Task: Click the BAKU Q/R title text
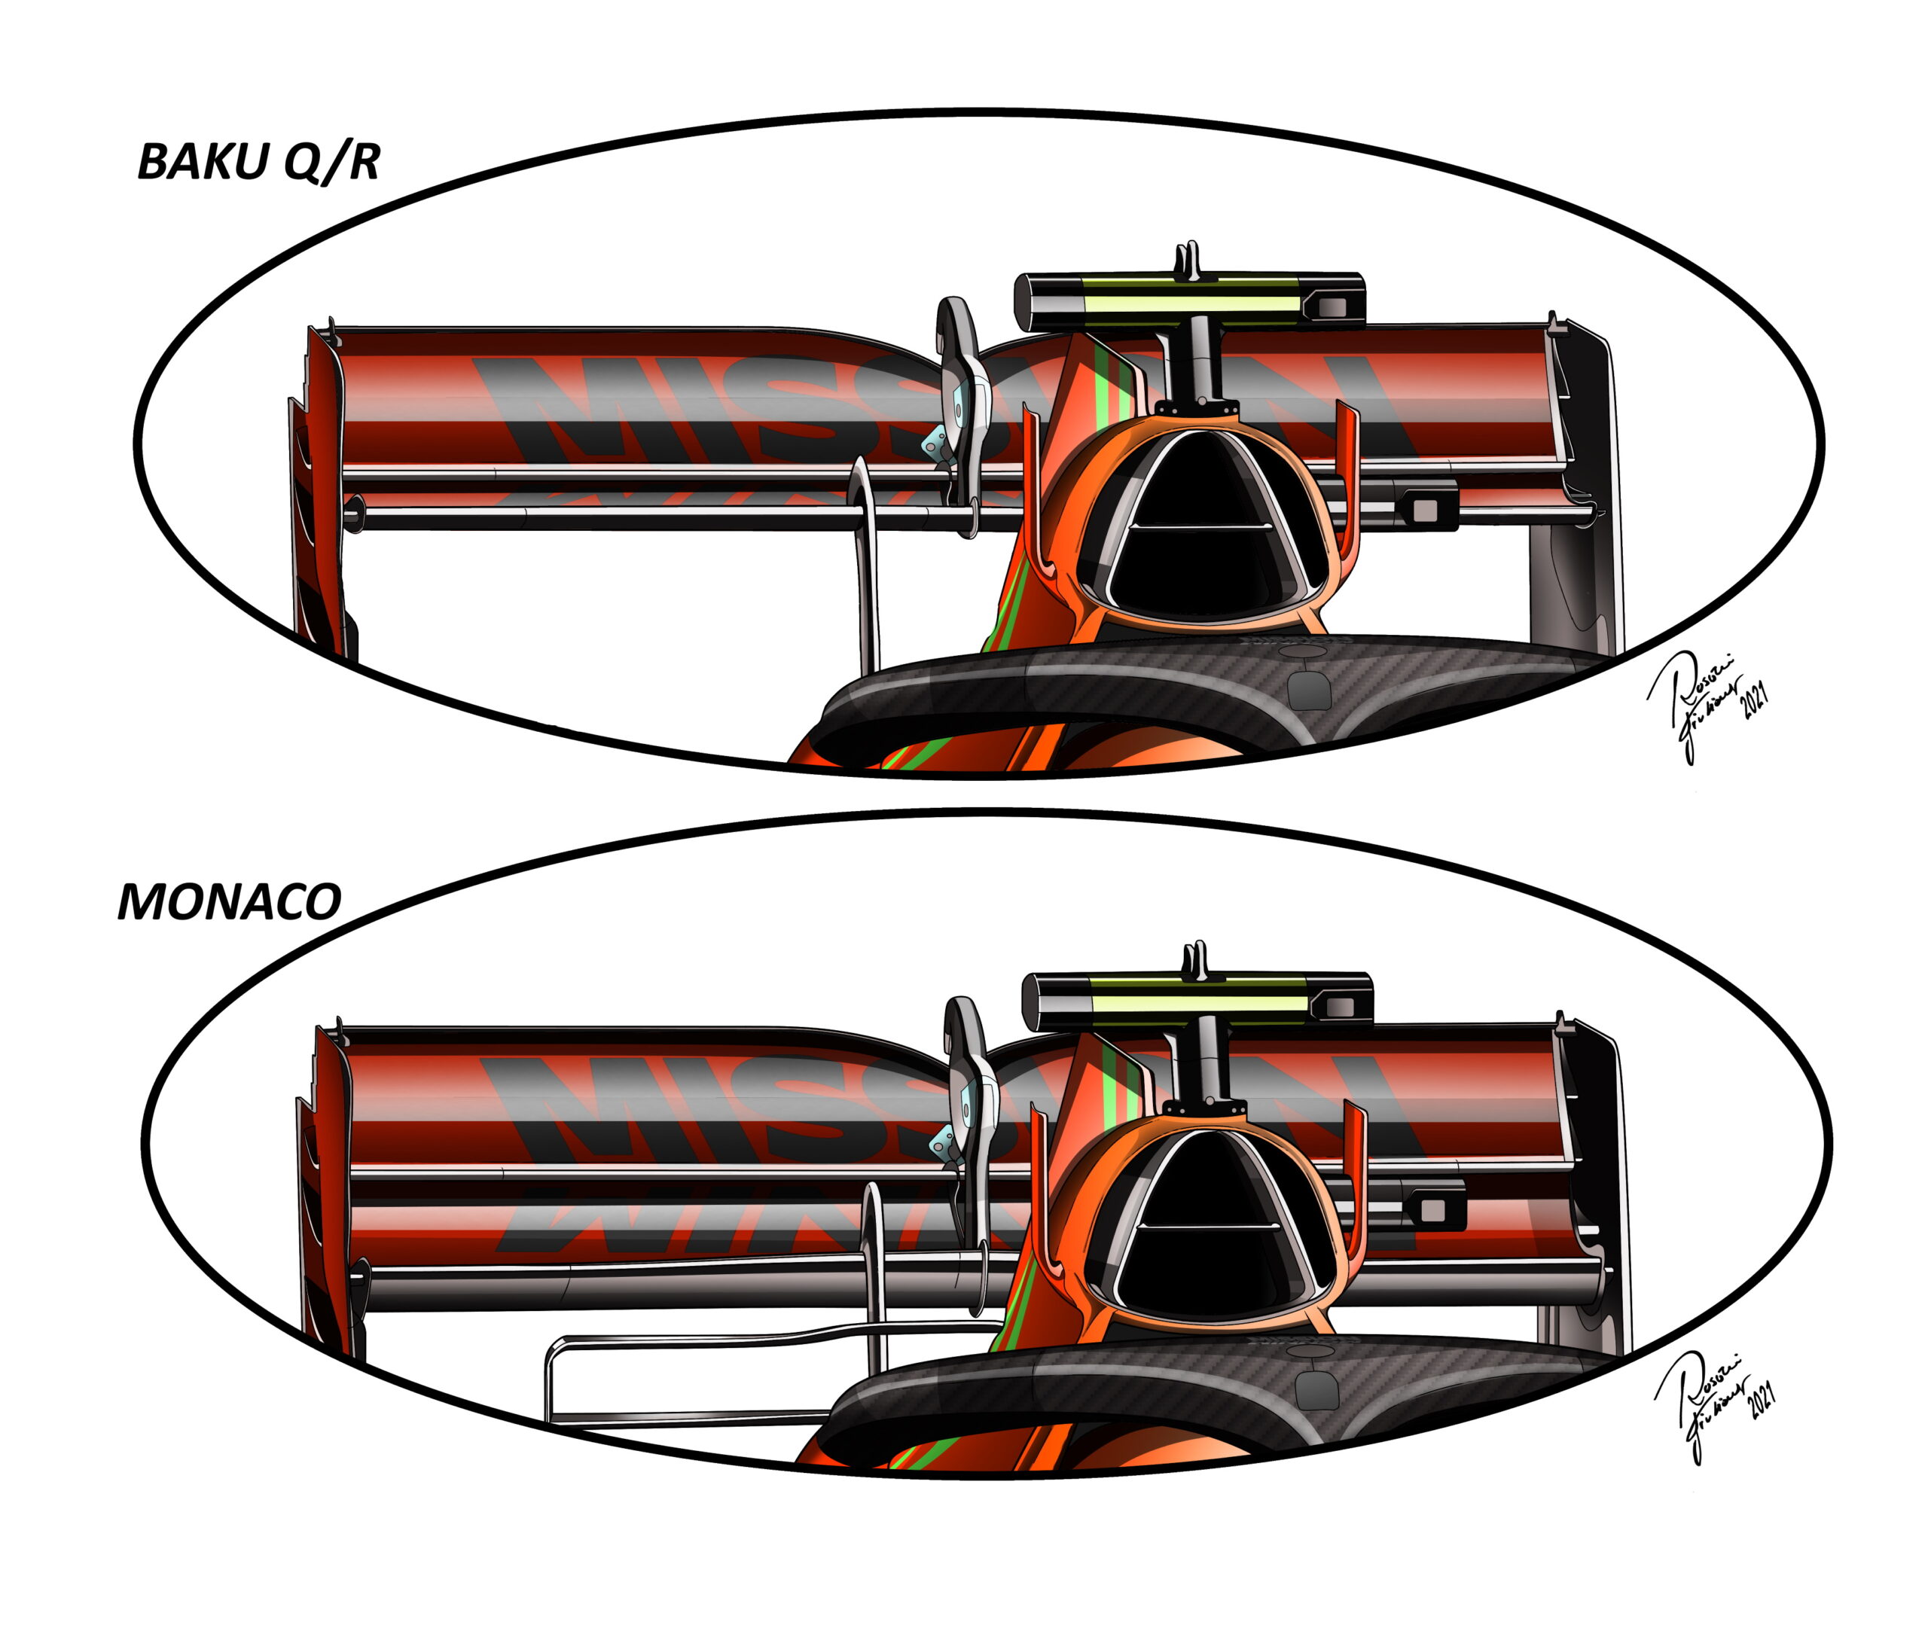258,162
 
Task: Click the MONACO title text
229,901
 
